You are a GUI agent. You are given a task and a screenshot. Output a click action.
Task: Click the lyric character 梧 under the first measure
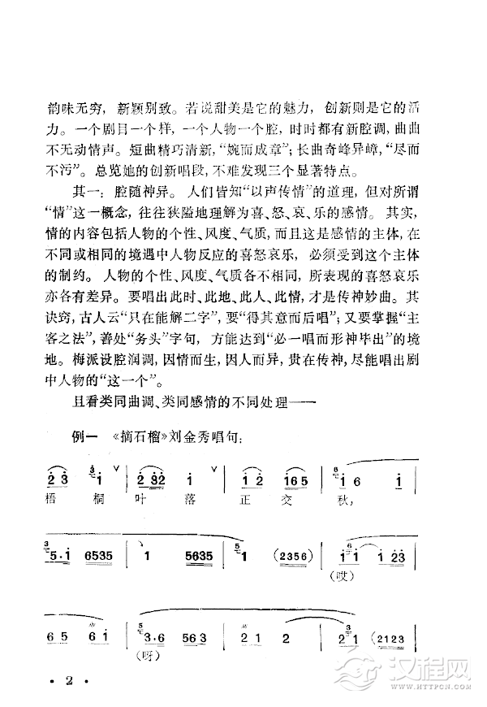[56, 502]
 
